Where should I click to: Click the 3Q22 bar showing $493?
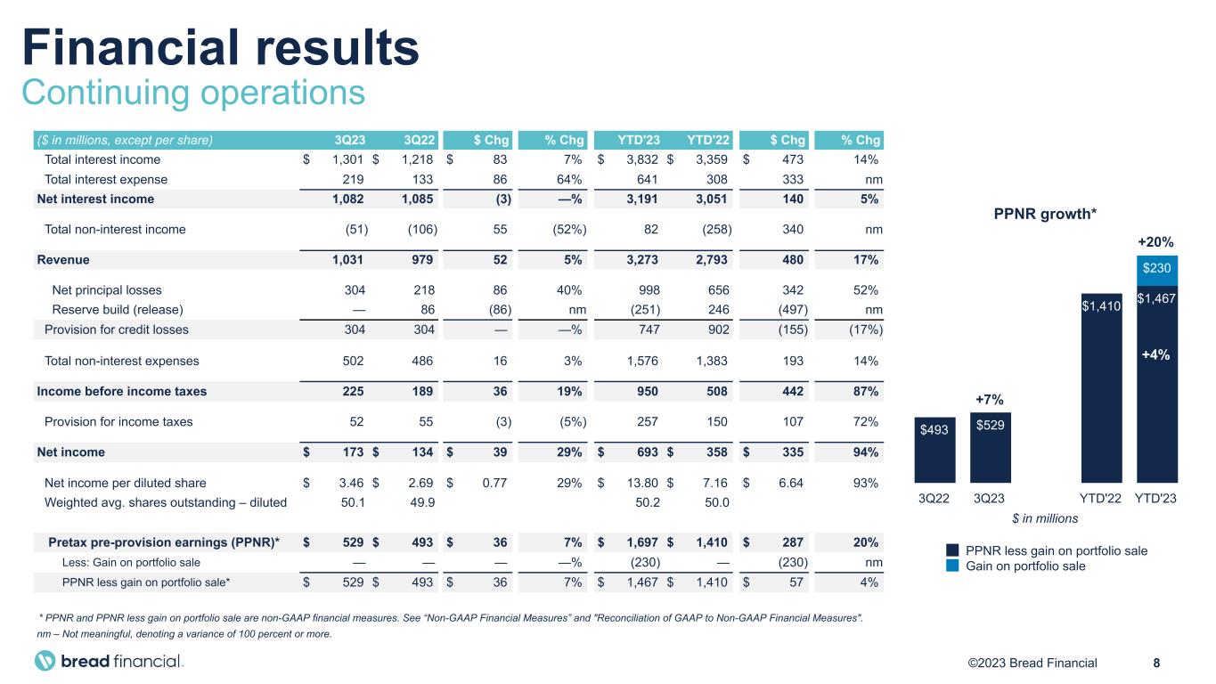tap(934, 450)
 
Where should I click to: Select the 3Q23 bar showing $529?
tap(990, 447)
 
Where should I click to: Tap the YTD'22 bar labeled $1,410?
tap(1101, 387)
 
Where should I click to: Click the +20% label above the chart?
tap(1157, 241)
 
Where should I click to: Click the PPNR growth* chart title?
tap(1045, 214)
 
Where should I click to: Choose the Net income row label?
tap(70, 452)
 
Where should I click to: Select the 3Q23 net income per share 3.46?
tap(346, 483)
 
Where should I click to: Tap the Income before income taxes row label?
tap(121, 391)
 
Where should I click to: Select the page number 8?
tap(1156, 663)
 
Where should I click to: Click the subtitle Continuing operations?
tap(193, 93)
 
